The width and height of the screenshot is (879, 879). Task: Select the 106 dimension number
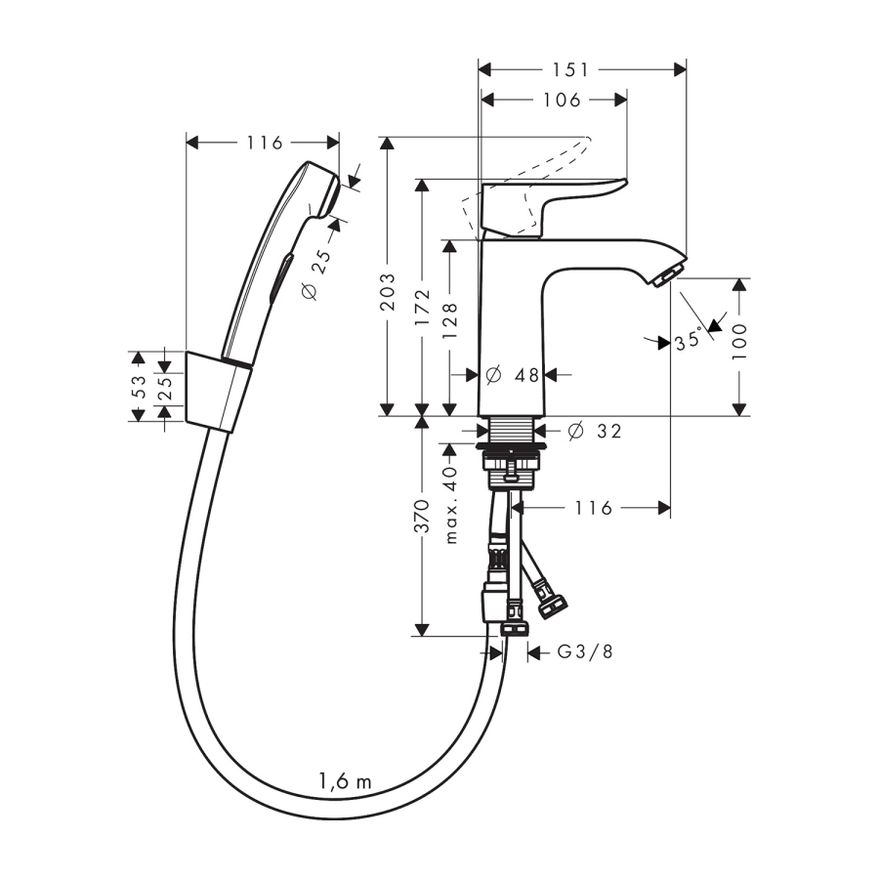(562, 100)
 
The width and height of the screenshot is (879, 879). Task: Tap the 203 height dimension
(389, 290)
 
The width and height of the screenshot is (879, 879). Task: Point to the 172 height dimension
(423, 312)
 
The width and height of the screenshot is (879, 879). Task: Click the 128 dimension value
(450, 319)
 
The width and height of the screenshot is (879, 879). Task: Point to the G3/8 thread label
(585, 652)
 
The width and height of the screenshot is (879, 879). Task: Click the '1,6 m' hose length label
(345, 780)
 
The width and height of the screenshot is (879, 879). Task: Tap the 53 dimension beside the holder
(139, 387)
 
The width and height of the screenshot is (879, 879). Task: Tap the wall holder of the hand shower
(217, 391)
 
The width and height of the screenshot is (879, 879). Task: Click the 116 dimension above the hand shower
(264, 144)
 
